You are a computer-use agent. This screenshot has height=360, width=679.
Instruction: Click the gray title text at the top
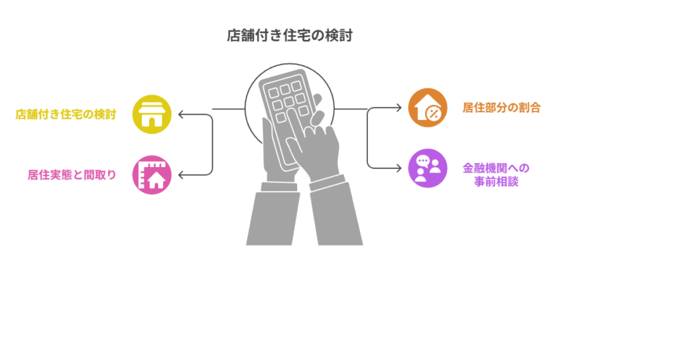pos(290,36)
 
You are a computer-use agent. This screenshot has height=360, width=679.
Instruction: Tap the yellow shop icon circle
pos(152,115)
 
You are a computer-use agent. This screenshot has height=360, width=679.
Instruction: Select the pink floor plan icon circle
pos(152,175)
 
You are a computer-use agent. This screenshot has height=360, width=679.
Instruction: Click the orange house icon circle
pos(427,107)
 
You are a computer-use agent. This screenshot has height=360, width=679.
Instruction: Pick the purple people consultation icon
pos(427,168)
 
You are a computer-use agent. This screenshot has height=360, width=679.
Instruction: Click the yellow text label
pos(66,115)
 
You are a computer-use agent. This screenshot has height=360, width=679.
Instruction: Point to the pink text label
pos(72,175)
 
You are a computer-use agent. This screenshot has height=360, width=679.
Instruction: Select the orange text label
pos(501,107)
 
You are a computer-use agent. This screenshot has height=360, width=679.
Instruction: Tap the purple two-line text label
pos(495,174)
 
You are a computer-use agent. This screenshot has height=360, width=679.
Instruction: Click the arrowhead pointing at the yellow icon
pos(181,115)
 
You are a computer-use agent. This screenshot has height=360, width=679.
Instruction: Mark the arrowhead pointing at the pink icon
pos(181,175)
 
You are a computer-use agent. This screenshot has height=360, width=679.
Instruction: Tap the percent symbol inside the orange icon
pos(434,113)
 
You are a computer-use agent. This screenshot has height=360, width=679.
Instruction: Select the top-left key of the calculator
pos(273,93)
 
